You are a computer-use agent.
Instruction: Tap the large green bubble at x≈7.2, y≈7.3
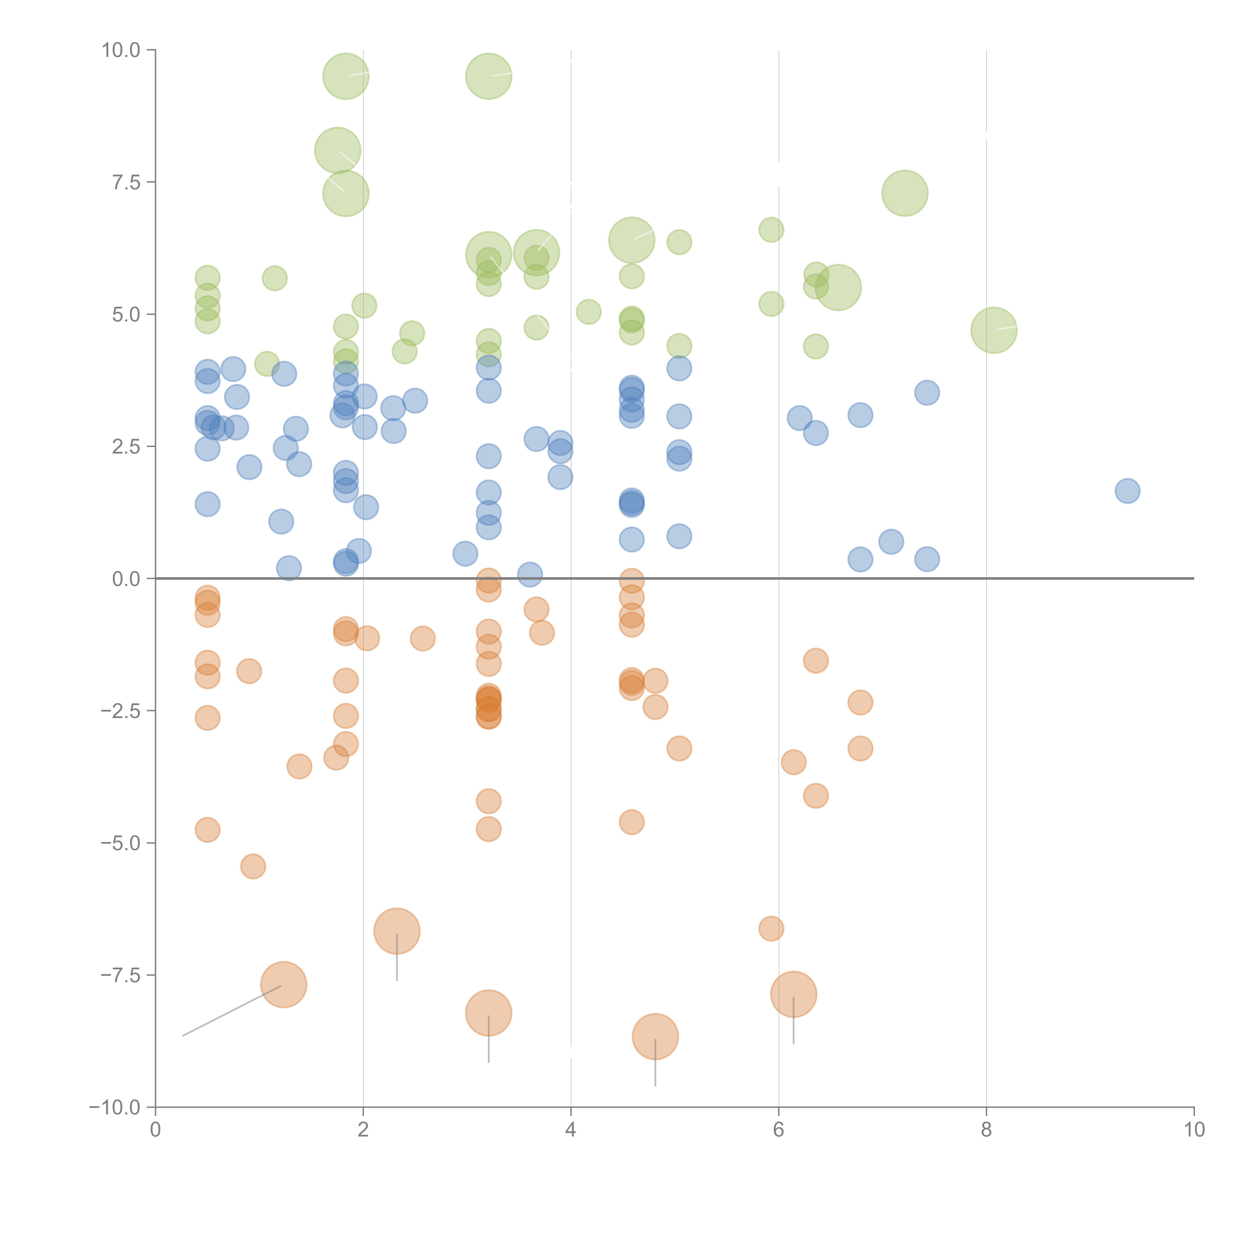(905, 193)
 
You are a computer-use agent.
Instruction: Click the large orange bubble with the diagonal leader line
(283, 985)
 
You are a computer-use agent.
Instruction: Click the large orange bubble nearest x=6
(793, 994)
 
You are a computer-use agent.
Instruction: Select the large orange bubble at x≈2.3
(397, 931)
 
